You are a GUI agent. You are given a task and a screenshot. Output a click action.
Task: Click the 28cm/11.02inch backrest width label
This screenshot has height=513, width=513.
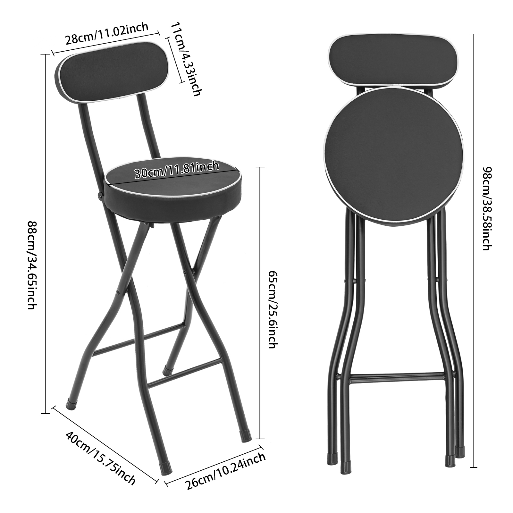pos(107,34)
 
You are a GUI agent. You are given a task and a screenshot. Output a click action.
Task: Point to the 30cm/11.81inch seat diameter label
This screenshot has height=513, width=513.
pos(177,170)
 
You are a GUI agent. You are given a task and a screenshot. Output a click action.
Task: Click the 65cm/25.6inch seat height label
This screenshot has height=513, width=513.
pos(273,310)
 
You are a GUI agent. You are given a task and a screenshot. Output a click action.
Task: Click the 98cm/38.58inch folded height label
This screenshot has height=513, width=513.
pos(486,208)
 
